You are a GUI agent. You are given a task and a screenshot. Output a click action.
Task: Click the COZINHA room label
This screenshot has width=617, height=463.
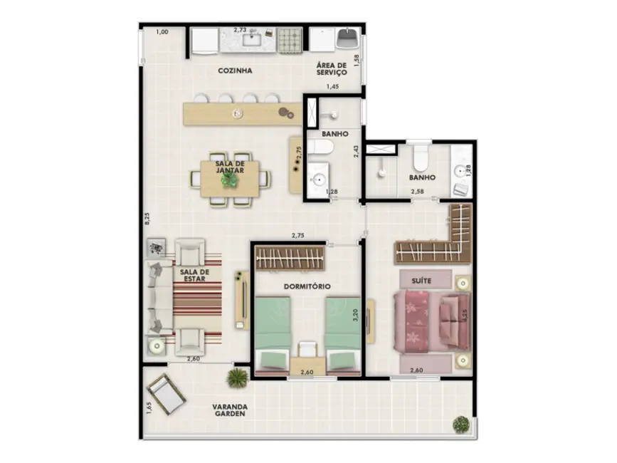(235, 71)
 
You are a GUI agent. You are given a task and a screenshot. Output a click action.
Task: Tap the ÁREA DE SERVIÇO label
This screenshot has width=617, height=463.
(331, 69)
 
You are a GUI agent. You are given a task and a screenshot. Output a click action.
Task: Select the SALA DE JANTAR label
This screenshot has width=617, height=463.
(230, 167)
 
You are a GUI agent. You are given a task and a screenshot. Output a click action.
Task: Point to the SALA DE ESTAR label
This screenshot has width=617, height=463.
(194, 275)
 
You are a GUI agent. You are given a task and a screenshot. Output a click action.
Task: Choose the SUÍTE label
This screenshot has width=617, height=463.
(422, 281)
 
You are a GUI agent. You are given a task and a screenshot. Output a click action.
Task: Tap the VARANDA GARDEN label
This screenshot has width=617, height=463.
(234, 411)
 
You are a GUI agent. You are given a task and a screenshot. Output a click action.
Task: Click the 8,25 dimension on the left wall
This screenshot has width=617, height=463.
(147, 219)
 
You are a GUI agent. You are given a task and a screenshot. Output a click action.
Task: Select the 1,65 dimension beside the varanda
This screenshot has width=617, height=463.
(147, 407)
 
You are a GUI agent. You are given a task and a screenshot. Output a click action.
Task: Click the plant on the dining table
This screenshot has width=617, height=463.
(229, 180)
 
